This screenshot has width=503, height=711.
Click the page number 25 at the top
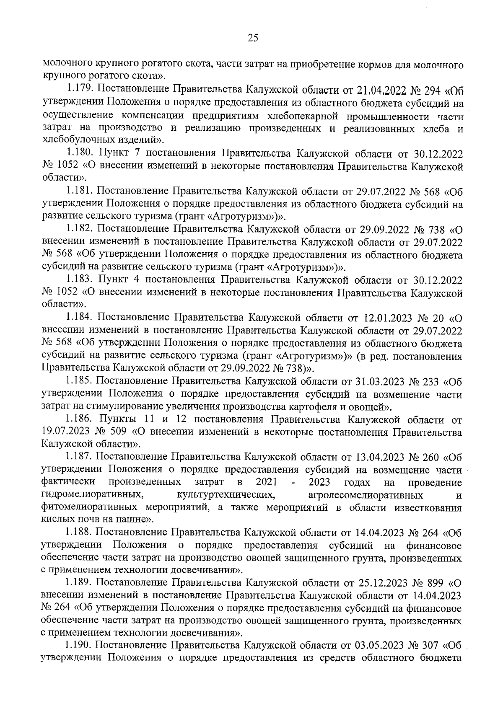tap(252, 38)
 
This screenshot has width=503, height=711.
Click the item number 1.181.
tap(80, 191)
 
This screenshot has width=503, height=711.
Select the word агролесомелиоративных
tap(365, 495)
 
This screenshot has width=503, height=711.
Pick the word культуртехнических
tap(226, 495)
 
